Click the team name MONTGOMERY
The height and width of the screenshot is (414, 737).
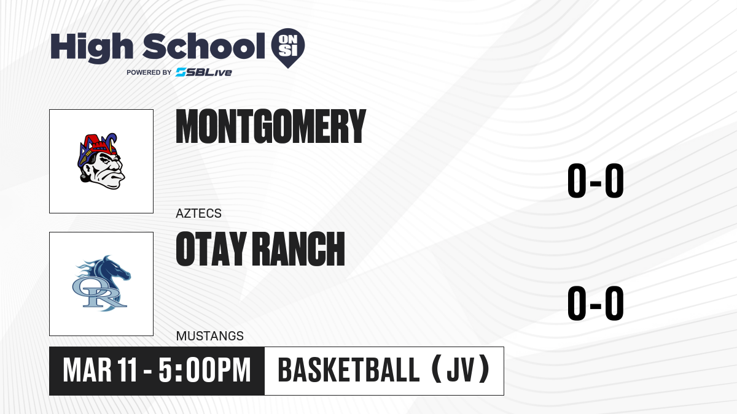(x=271, y=126)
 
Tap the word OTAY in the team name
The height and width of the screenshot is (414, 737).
(x=211, y=248)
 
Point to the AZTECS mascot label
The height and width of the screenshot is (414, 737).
(x=198, y=213)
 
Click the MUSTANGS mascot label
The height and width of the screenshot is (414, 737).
(x=210, y=336)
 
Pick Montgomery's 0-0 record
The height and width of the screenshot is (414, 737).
(x=596, y=181)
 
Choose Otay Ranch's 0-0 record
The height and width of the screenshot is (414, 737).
(x=596, y=303)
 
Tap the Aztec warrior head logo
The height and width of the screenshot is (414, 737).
(x=101, y=161)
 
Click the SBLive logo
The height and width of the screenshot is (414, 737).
(x=203, y=72)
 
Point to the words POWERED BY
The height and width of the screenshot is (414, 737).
(x=149, y=72)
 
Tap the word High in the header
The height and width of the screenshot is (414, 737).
(x=92, y=47)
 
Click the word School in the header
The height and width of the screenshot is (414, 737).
(x=204, y=46)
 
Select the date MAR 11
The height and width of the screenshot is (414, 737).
(x=99, y=370)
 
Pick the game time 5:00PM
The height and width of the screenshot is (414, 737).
(x=205, y=370)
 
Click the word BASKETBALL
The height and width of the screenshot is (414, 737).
(x=349, y=370)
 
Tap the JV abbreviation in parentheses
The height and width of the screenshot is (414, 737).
(x=461, y=370)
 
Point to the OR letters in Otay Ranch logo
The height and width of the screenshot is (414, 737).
(x=99, y=293)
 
